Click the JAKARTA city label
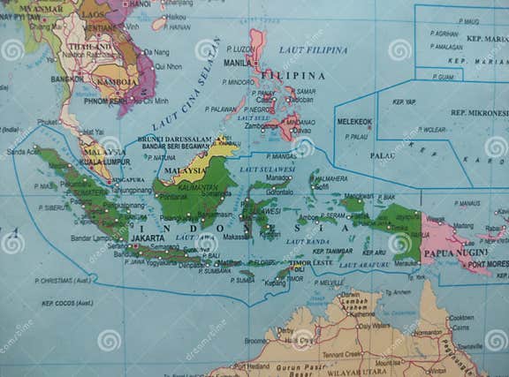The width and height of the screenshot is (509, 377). click(148, 238)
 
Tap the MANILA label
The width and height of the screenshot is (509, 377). click(237, 64)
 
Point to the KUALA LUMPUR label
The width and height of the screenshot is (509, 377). click(104, 162)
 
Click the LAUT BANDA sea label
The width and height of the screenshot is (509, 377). click(308, 241)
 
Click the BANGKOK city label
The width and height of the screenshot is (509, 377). click(67, 79)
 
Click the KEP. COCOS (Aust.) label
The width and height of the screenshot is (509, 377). click(67, 303)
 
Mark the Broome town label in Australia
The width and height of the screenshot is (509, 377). click(255, 340)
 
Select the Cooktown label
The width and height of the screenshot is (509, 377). click(461, 317)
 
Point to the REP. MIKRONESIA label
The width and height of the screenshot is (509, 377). click(477, 113)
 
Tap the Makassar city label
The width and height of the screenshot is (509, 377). click(236, 237)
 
